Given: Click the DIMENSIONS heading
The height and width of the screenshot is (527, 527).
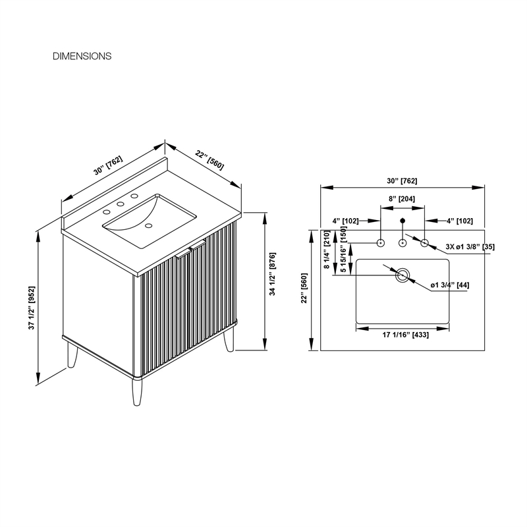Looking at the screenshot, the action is tap(82, 56).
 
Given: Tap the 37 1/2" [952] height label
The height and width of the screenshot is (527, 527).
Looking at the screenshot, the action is tap(32, 308).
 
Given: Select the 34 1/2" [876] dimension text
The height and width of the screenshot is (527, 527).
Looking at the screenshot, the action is tap(273, 274).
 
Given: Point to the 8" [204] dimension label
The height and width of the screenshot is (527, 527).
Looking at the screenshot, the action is tap(402, 199).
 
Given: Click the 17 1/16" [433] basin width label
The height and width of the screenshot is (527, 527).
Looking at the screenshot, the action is tap(406, 335).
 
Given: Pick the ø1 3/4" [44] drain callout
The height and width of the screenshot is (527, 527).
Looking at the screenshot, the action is tap(450, 285).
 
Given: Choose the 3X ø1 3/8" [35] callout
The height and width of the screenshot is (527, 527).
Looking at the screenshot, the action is tap(470, 246).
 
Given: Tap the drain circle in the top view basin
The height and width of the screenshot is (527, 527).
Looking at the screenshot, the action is tap(402, 275).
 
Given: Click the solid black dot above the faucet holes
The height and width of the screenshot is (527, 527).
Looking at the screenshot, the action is tap(402, 221).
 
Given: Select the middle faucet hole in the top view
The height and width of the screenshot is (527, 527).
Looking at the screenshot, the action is tap(402, 242).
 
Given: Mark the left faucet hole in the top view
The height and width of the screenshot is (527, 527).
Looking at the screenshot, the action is tap(381, 242).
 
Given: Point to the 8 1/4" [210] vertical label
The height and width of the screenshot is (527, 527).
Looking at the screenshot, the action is tap(327, 250).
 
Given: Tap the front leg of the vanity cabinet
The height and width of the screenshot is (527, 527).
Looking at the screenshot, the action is tap(137, 392).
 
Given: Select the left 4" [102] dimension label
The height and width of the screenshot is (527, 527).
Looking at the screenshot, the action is tap(345, 221).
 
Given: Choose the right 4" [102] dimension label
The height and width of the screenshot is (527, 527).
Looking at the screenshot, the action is tap(459, 221).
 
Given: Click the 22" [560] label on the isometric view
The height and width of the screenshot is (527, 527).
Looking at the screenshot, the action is tap(209, 160).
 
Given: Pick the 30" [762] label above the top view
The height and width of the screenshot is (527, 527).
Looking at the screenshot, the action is tap(402, 180).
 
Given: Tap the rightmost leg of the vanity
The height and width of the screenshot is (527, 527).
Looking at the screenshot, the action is tap(229, 339).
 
